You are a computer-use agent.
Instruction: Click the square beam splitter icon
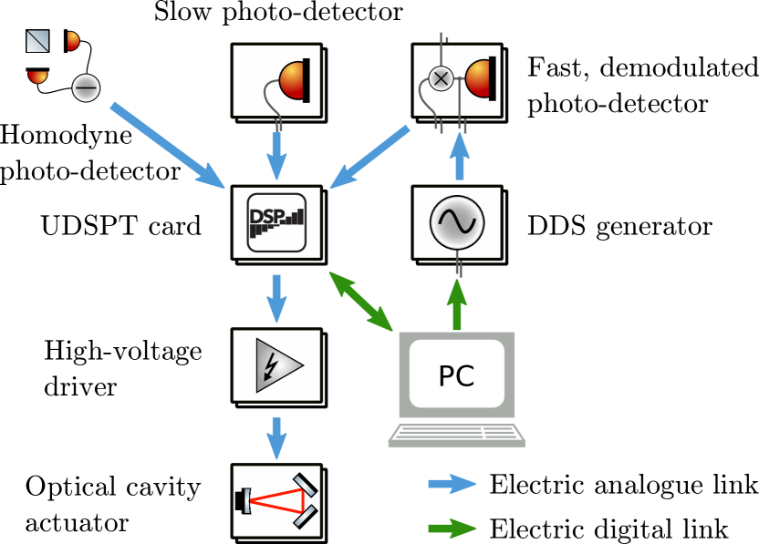(x=37, y=41)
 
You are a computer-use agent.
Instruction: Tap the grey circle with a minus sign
(x=86, y=88)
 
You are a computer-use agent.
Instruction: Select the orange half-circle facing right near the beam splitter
(x=72, y=41)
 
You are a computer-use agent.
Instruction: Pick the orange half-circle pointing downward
(x=37, y=76)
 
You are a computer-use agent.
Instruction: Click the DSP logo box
(x=276, y=222)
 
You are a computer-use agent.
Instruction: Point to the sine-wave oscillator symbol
(x=457, y=222)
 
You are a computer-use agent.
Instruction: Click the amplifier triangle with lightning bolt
(x=276, y=364)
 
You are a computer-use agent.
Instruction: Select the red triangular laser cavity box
(x=276, y=501)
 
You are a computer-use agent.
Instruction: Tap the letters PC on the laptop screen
(x=456, y=375)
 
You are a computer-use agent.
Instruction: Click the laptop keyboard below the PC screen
(x=456, y=435)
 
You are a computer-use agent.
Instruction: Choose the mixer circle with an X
(x=441, y=78)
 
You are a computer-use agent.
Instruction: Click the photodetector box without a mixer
(x=276, y=80)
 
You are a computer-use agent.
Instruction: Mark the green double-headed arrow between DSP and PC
(x=360, y=301)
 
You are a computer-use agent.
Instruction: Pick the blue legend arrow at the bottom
(x=452, y=484)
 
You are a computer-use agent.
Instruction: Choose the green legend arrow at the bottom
(x=452, y=529)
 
